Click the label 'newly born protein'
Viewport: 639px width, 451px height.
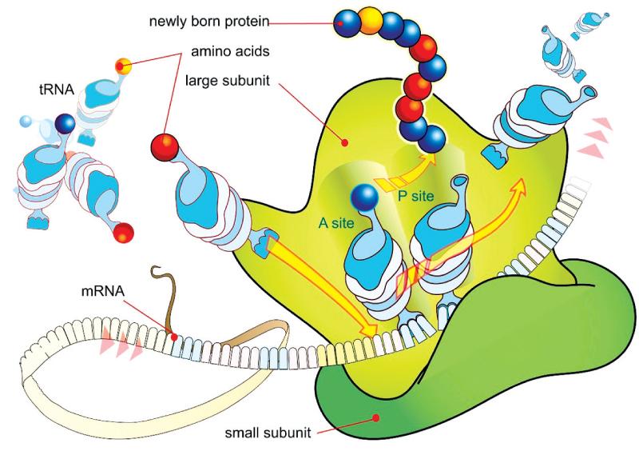(x=209, y=22)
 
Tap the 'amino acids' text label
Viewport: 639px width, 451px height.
(x=230, y=51)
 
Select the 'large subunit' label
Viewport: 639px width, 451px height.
(x=228, y=81)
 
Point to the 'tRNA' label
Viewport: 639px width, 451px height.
(x=57, y=90)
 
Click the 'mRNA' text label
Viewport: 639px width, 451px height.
(x=103, y=291)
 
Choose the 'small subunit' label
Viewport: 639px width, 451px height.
(x=268, y=433)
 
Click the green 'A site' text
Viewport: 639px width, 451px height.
(x=336, y=223)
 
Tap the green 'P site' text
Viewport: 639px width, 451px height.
(x=416, y=197)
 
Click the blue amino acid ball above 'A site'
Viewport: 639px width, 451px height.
(x=364, y=198)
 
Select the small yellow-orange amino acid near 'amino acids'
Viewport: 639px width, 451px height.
(x=123, y=66)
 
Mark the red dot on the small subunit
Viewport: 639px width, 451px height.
(x=376, y=417)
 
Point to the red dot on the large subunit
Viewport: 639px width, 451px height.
(x=345, y=142)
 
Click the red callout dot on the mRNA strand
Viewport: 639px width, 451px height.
(x=174, y=337)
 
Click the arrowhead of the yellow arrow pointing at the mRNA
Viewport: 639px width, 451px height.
(x=369, y=329)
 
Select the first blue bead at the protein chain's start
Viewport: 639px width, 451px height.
(x=346, y=22)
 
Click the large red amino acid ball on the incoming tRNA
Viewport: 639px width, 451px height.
(x=165, y=147)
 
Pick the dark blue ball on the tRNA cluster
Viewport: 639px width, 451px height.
(x=65, y=123)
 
